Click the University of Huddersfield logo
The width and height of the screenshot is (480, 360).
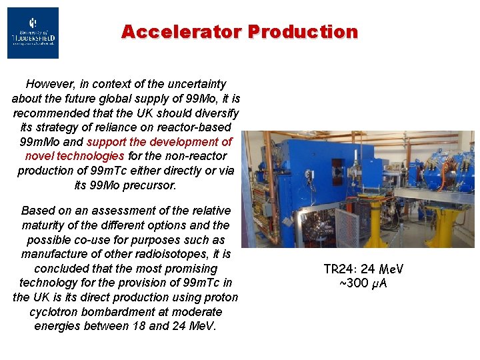(33, 33)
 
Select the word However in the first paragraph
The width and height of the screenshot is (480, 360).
(50, 84)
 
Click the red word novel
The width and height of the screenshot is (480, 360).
(43, 156)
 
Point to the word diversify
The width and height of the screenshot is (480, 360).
(215, 113)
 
